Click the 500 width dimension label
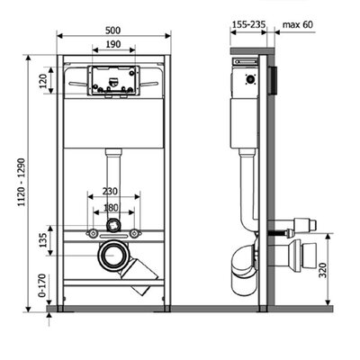[x=112, y=31]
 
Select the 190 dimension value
[x=113, y=44]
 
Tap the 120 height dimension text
[x=44, y=81]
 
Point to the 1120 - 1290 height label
[x=22, y=182]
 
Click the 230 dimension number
[x=110, y=191]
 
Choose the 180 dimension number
[x=111, y=207]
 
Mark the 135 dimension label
[x=44, y=240]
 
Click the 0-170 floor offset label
[x=42, y=285]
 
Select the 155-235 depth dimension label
[x=249, y=24]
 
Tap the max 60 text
[x=298, y=24]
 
